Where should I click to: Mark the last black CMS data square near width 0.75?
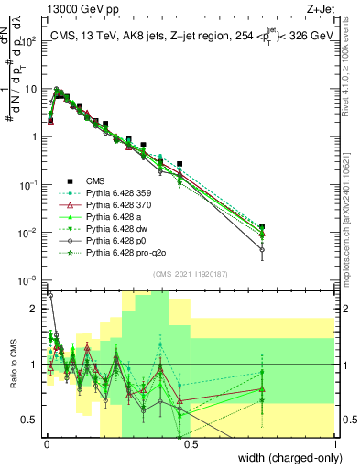pos(263,226)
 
